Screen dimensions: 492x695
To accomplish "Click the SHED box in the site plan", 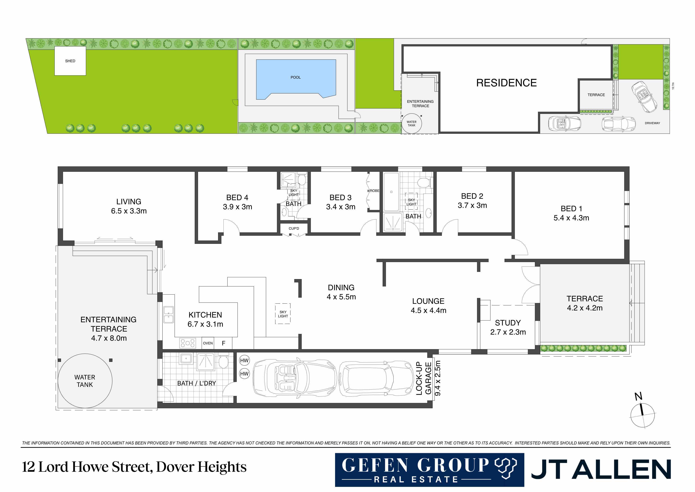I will click(x=70, y=61).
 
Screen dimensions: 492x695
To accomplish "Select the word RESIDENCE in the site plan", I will click(x=506, y=83).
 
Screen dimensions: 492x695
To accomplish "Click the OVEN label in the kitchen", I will click(x=208, y=343).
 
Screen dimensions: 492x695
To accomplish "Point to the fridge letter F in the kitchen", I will click(x=224, y=343).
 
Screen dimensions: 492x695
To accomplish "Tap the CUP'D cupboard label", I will click(x=294, y=228).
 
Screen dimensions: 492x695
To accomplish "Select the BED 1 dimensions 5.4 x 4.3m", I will click(x=571, y=218).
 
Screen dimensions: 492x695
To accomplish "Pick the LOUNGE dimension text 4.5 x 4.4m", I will click(x=428, y=310).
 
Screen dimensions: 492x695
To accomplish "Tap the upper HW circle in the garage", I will click(x=244, y=360).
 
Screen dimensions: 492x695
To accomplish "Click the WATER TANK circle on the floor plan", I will click(x=85, y=381).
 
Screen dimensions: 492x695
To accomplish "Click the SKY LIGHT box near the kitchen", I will click(x=283, y=314).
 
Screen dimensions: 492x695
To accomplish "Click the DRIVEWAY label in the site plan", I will click(x=652, y=123).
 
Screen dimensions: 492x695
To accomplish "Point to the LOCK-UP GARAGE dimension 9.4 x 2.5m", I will click(x=438, y=378).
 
